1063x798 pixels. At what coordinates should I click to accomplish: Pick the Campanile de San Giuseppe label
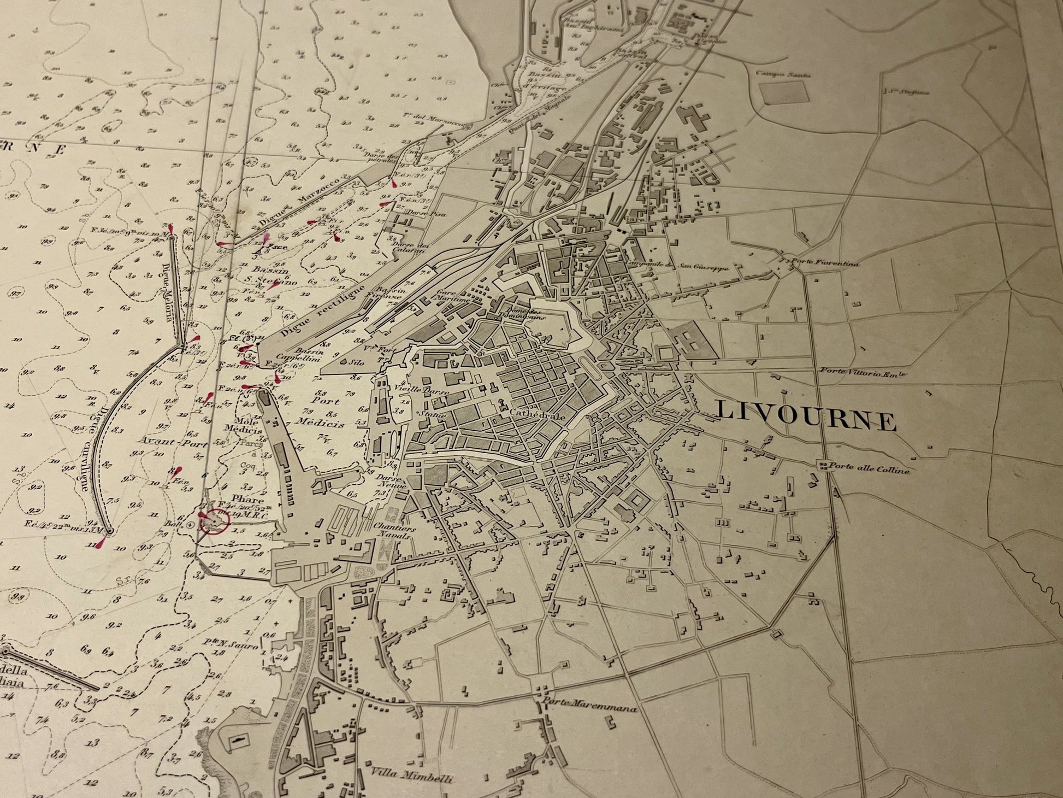click(x=688, y=267)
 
